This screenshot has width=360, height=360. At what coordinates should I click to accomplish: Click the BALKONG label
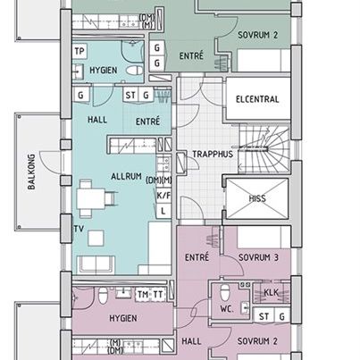[x=31, y=172]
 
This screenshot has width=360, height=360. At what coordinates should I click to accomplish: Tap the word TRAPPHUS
[x=213, y=155]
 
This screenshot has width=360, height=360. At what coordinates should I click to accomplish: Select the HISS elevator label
[x=257, y=198]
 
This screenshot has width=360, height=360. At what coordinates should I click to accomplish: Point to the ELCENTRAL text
[x=257, y=99]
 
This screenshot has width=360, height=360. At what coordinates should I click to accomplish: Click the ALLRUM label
[x=126, y=176]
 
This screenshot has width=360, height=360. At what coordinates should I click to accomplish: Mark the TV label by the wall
[x=79, y=229]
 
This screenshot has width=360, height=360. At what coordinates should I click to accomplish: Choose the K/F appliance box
[x=163, y=196]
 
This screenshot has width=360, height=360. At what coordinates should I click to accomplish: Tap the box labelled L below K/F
[x=163, y=211]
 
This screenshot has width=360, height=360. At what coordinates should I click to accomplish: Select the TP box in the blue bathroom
[x=80, y=51]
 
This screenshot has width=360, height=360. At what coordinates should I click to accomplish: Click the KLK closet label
[x=272, y=293]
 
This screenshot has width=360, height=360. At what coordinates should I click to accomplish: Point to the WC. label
[x=227, y=309]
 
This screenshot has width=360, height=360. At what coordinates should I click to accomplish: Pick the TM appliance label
[x=143, y=295]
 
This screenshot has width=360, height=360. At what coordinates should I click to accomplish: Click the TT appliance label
[x=158, y=295]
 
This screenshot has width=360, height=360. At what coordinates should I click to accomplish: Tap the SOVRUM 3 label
[x=258, y=257]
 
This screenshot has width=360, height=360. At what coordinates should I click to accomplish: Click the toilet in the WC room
[x=225, y=292]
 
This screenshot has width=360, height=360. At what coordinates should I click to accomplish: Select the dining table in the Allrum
[x=91, y=198]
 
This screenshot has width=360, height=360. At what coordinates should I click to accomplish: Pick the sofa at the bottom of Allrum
[x=96, y=264]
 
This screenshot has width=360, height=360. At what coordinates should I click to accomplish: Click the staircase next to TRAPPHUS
[x=264, y=149]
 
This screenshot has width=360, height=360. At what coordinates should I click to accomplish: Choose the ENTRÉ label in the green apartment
[x=191, y=55]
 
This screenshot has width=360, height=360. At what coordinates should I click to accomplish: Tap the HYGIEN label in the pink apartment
[x=123, y=318]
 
